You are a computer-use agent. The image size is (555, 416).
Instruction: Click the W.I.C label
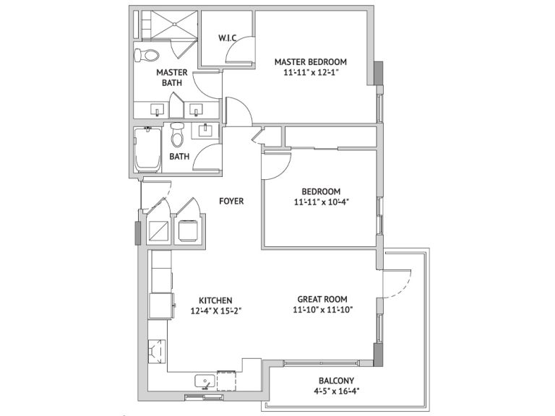click(227, 38)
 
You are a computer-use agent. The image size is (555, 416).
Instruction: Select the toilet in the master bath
click(146, 55)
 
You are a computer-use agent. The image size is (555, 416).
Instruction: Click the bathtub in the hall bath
click(147, 150)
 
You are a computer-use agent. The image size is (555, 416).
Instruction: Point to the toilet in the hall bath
click(177, 134)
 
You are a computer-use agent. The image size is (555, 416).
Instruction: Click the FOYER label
click(231, 201)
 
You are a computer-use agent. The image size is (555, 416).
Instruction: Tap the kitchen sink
click(205, 381)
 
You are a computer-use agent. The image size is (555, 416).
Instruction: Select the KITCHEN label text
click(215, 300)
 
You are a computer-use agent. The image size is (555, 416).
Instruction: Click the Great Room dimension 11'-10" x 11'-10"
click(323, 310)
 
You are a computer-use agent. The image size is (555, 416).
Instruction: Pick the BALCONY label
click(336, 381)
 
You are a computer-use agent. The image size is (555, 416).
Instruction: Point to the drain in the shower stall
click(174, 24)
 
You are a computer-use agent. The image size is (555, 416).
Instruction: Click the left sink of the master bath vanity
click(157, 109)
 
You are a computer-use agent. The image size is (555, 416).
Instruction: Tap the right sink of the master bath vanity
click(195, 109)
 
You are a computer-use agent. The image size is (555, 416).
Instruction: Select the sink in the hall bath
click(205, 130)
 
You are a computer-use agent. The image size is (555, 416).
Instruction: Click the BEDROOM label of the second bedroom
click(321, 191)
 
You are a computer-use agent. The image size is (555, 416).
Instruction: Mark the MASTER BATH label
click(172, 77)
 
